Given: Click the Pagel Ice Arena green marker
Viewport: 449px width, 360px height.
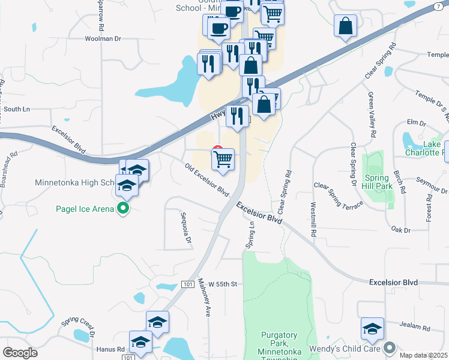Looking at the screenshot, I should pyautogui.click(x=124, y=209).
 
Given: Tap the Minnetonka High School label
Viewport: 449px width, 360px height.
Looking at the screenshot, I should pyautogui.click(x=75, y=182).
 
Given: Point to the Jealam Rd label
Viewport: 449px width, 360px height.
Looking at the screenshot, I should pyautogui.click(x=417, y=328).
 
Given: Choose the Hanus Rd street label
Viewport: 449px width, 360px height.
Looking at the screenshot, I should pyautogui.click(x=110, y=348).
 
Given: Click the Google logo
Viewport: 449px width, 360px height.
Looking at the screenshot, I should pyautogui.click(x=20, y=353).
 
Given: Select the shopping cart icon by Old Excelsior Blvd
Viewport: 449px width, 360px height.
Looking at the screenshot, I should pyautogui.click(x=223, y=160).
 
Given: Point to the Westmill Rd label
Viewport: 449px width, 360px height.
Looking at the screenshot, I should pyautogui.click(x=313, y=218).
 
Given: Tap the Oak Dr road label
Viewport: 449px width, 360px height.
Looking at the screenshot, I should pyautogui.click(x=400, y=229).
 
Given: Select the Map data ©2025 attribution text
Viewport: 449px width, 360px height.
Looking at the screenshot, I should pyautogui.click(x=423, y=355).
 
